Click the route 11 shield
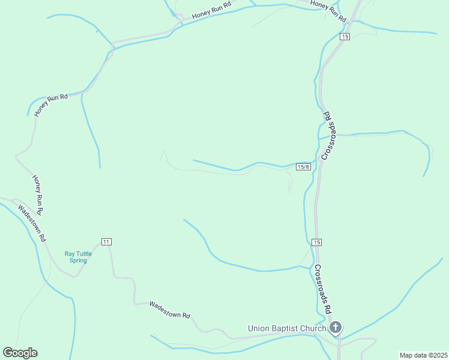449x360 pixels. coord(106,241)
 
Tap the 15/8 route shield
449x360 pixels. coord(304,166)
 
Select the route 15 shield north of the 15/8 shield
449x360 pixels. coord(344,37)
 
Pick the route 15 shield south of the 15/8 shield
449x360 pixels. coord(317,242)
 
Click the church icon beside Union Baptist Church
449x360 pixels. coord(336,328)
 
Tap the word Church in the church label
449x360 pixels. coord(313,328)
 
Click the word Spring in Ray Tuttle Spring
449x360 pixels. coord(78,260)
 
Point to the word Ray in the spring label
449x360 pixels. coord(70,254)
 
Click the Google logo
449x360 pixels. coord(20,353)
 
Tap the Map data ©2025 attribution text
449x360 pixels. coord(423,355)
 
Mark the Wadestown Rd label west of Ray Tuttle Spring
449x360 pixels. coord(32,223)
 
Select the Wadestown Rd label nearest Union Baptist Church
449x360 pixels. coord(170,310)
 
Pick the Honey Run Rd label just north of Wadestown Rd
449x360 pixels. coord(38,195)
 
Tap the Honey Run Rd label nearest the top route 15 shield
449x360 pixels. coord(329,11)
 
